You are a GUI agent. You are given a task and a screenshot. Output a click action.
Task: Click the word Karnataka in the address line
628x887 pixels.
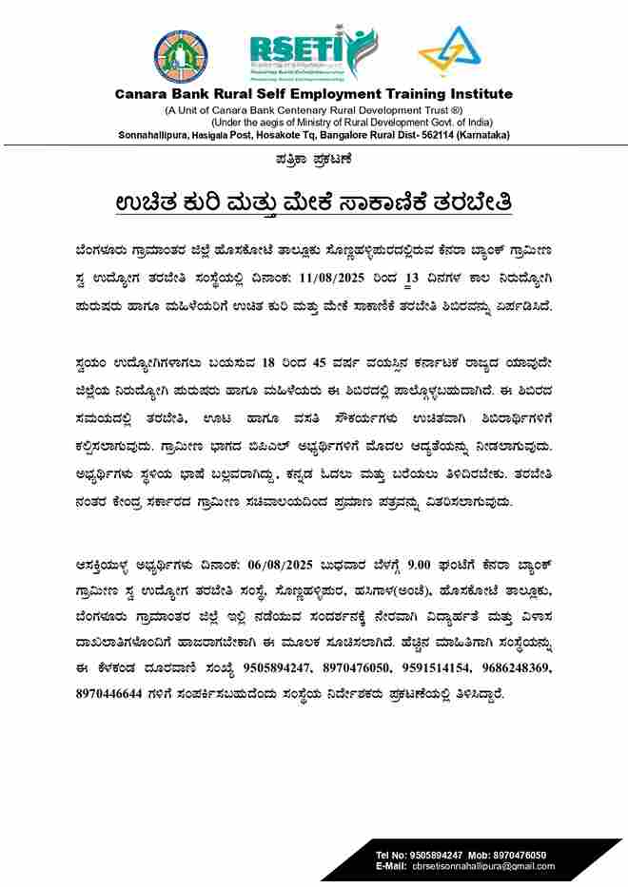(480, 135)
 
